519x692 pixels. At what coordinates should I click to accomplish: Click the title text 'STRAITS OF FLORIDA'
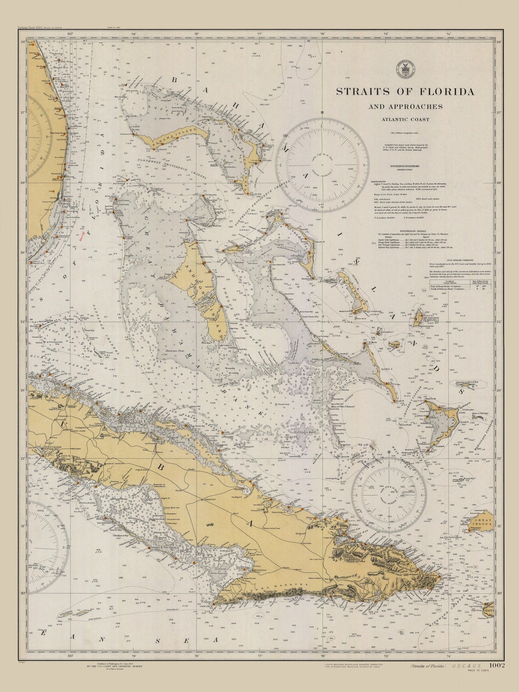(405, 91)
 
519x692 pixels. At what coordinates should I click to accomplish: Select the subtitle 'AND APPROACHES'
(406, 107)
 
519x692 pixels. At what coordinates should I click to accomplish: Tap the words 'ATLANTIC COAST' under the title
(406, 119)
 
